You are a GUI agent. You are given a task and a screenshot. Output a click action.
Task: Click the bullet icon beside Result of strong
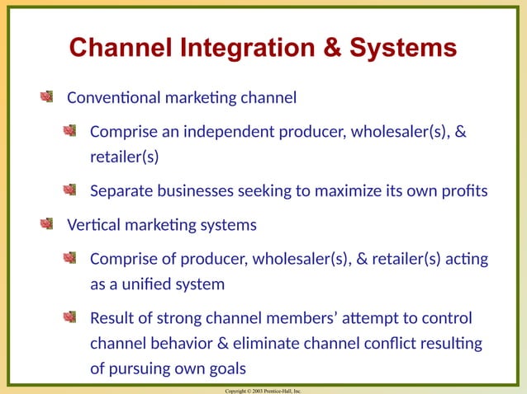[72, 317]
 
